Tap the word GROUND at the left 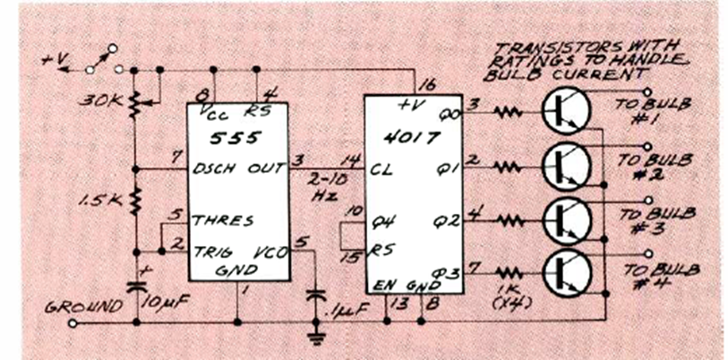tap(84, 306)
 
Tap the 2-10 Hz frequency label tap(323, 183)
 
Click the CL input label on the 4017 tap(381, 167)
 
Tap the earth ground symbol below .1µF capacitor tap(315, 339)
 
